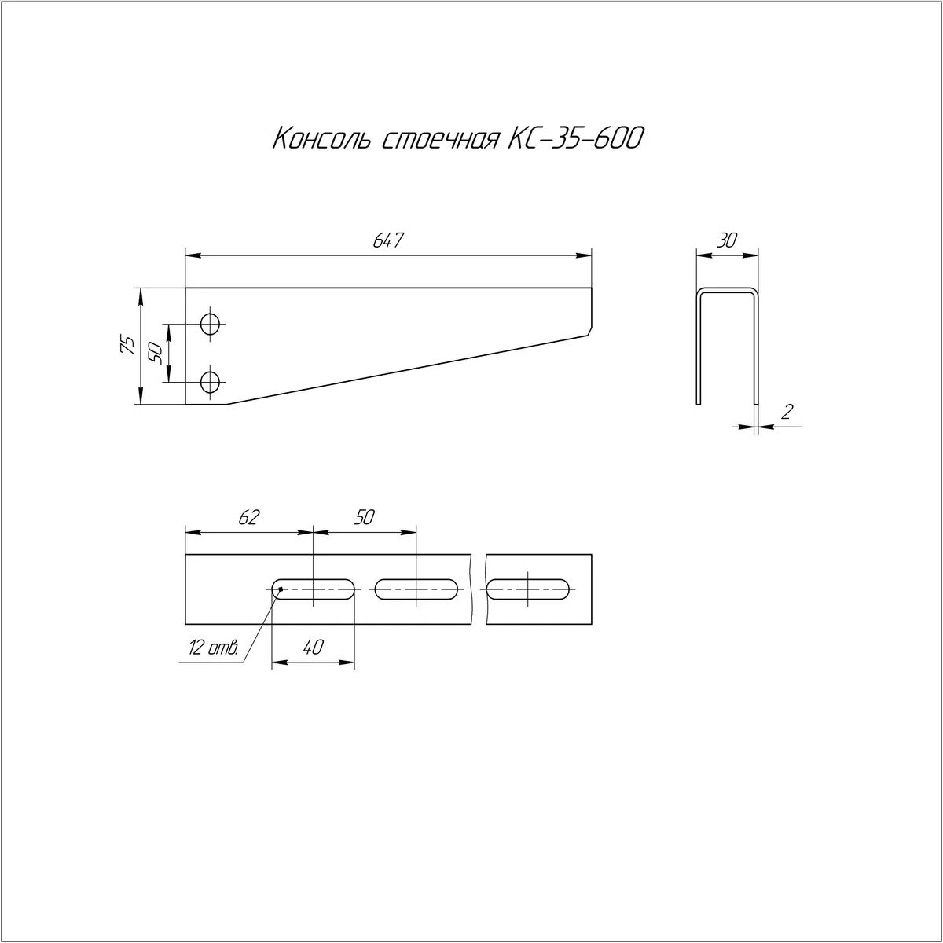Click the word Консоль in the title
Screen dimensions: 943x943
point(321,139)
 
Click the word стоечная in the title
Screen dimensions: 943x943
point(439,139)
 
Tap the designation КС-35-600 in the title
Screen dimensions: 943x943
point(575,138)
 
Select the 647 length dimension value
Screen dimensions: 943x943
point(388,240)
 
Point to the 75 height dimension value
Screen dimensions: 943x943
point(127,346)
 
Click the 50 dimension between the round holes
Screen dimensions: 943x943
point(155,353)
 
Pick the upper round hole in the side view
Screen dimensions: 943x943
point(211,324)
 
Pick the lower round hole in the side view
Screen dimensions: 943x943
point(211,382)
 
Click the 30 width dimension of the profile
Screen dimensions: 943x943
point(727,240)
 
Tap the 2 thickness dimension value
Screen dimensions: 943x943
point(787,412)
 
